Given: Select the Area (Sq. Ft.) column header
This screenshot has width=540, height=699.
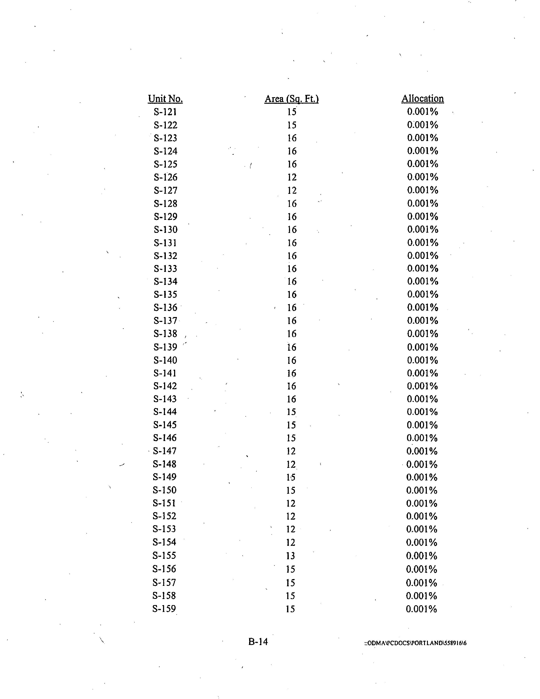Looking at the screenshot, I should tap(291, 99).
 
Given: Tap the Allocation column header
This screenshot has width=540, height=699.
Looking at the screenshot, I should tap(423, 99).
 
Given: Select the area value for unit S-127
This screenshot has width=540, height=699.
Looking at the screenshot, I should tap(292, 190).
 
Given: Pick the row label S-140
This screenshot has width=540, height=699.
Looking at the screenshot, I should tap(165, 360).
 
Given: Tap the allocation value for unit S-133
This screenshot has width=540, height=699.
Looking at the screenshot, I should tap(423, 268).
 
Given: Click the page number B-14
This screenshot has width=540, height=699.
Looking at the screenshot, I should tap(258, 641).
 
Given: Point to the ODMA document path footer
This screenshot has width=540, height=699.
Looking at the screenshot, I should tap(415, 643).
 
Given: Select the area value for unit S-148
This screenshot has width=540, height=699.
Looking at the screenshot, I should tap(291, 464).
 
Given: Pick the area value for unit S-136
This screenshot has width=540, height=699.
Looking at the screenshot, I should tap(292, 308).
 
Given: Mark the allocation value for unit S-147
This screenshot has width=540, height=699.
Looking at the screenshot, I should tap(422, 451).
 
